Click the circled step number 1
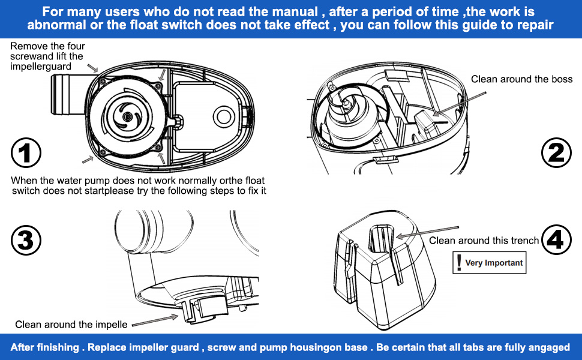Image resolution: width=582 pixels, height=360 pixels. pyautogui.click(x=26, y=152)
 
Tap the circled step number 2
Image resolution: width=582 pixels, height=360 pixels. pyautogui.click(x=556, y=152)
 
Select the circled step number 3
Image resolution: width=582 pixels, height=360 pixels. pyautogui.click(x=26, y=240)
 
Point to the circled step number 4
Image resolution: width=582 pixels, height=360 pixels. pyautogui.click(x=556, y=240)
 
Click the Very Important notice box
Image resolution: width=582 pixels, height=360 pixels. pyautogui.click(x=489, y=263)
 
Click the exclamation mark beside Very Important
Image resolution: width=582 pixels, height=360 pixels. pyautogui.click(x=459, y=262)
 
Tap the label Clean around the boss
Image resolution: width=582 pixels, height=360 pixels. pyautogui.click(x=521, y=79)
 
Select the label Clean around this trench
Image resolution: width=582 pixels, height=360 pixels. pyautogui.click(x=484, y=241)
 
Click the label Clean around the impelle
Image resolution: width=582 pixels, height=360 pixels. pyautogui.click(x=71, y=325)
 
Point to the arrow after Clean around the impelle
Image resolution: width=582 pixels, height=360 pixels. pyautogui.click(x=155, y=320)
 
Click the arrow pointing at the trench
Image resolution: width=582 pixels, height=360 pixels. pyautogui.click(x=428, y=232)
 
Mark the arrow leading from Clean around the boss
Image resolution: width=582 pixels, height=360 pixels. pyautogui.click(x=460, y=104)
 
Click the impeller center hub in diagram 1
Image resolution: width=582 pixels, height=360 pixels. pyautogui.click(x=127, y=116)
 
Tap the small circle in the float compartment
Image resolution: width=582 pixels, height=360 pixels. pyautogui.click(x=223, y=116)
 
